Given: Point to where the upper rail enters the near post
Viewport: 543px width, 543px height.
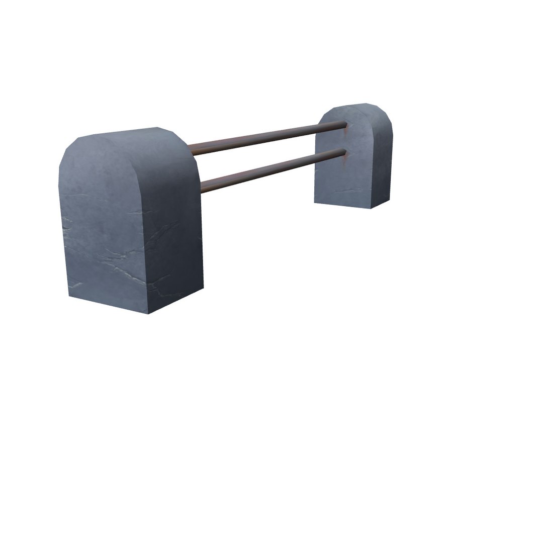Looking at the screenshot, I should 191,147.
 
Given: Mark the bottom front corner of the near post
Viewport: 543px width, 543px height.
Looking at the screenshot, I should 149,313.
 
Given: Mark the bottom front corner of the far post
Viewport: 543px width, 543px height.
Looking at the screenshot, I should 371,208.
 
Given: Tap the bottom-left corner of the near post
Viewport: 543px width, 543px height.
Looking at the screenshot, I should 69,297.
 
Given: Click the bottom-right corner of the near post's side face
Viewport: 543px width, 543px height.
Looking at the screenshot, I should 203,288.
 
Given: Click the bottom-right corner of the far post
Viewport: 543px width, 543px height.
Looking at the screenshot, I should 389,199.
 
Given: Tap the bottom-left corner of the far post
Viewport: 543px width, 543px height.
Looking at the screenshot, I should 315,202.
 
